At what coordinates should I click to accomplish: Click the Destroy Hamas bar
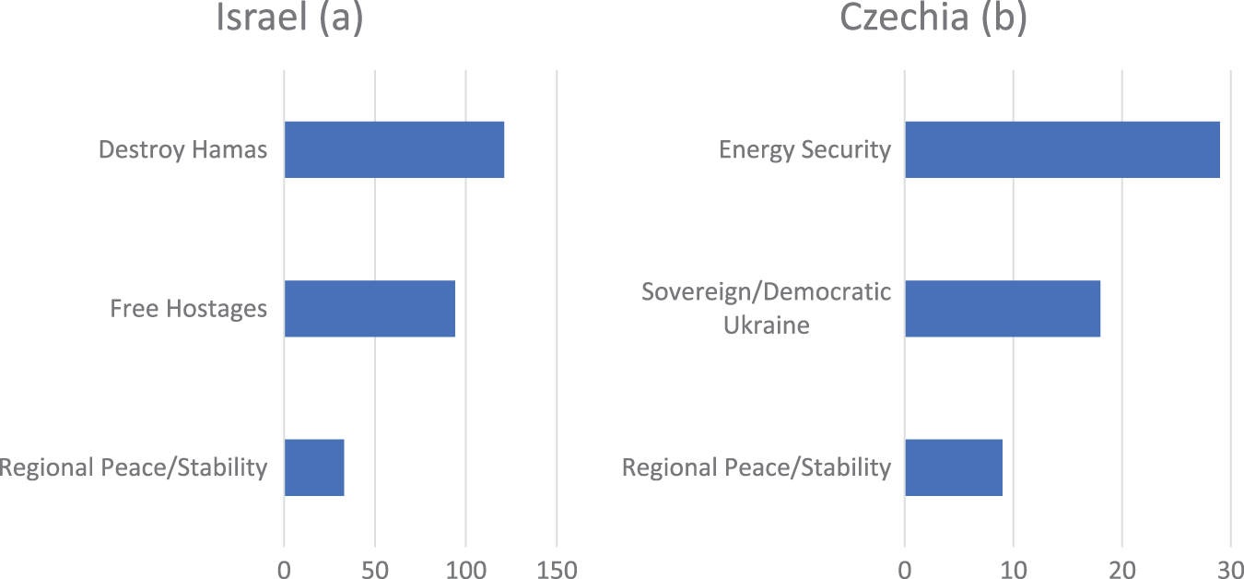click(393, 149)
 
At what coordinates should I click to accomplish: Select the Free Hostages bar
click(370, 308)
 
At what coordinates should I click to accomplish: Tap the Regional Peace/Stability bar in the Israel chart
click(313, 467)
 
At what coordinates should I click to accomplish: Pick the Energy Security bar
click(1062, 149)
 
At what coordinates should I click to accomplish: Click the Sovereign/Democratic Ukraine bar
click(1003, 308)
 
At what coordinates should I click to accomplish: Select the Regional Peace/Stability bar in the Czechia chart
click(953, 467)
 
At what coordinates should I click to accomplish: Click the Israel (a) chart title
click(289, 18)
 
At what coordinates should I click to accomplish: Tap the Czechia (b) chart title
click(933, 18)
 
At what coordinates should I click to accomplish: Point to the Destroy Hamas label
click(182, 149)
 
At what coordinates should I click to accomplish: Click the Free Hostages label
click(188, 308)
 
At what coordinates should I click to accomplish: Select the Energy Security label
click(804, 149)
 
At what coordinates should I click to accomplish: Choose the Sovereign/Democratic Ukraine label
click(766, 309)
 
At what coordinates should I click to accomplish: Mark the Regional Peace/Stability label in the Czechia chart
click(757, 467)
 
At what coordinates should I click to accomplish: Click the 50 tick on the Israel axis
click(375, 570)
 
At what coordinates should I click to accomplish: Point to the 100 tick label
click(465, 570)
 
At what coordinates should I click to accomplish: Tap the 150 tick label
click(557, 570)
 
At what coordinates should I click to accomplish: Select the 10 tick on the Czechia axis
click(1013, 570)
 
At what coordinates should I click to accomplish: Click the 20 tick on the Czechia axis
click(1121, 570)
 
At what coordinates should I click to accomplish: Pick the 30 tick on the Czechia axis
click(1229, 570)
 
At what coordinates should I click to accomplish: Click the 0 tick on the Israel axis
click(284, 570)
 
